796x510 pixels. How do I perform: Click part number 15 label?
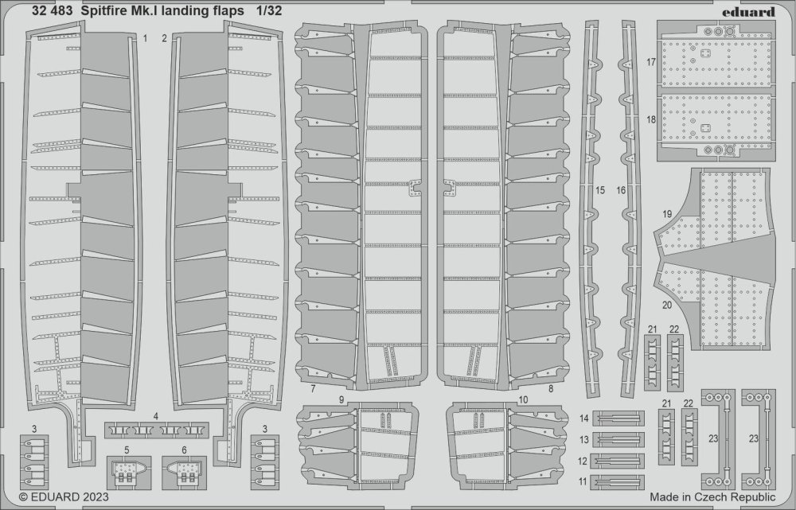coord(599,191)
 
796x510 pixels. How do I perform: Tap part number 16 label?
coord(621,191)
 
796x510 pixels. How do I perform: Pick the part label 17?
coord(650,61)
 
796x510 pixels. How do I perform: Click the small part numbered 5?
coord(126,470)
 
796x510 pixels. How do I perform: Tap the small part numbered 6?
coord(183,470)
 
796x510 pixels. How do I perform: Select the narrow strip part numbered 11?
coord(618,481)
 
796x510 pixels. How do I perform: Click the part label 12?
coord(583,461)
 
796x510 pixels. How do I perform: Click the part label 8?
coord(551,388)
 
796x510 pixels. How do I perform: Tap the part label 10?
coord(523,399)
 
